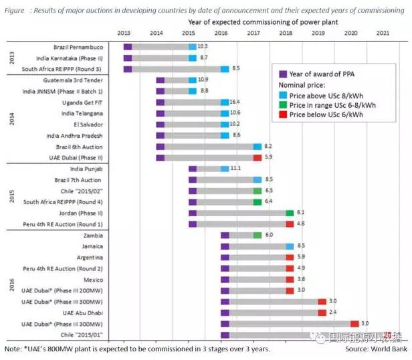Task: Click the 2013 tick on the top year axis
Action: [x=124, y=33]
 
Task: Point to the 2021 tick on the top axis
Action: [x=383, y=33]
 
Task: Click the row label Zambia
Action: [x=93, y=236]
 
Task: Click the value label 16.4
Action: [x=235, y=102]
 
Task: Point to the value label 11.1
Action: [x=235, y=169]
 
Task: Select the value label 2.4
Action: [x=332, y=312]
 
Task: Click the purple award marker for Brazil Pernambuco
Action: [x=128, y=47]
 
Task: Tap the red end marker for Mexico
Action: [x=290, y=279]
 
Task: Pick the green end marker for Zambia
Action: [x=257, y=236]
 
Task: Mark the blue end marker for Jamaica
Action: [x=290, y=246]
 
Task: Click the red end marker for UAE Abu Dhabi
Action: [x=322, y=312]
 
